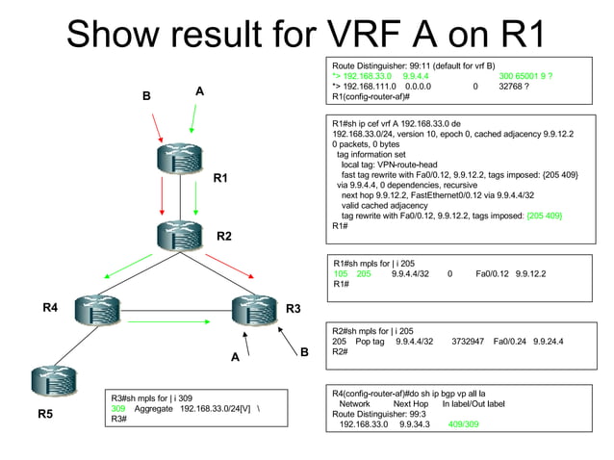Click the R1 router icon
pos(179,159)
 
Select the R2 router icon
pos(179,234)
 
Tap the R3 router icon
pos(256,309)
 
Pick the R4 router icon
pos(102,309)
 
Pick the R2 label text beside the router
pos(223,236)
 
